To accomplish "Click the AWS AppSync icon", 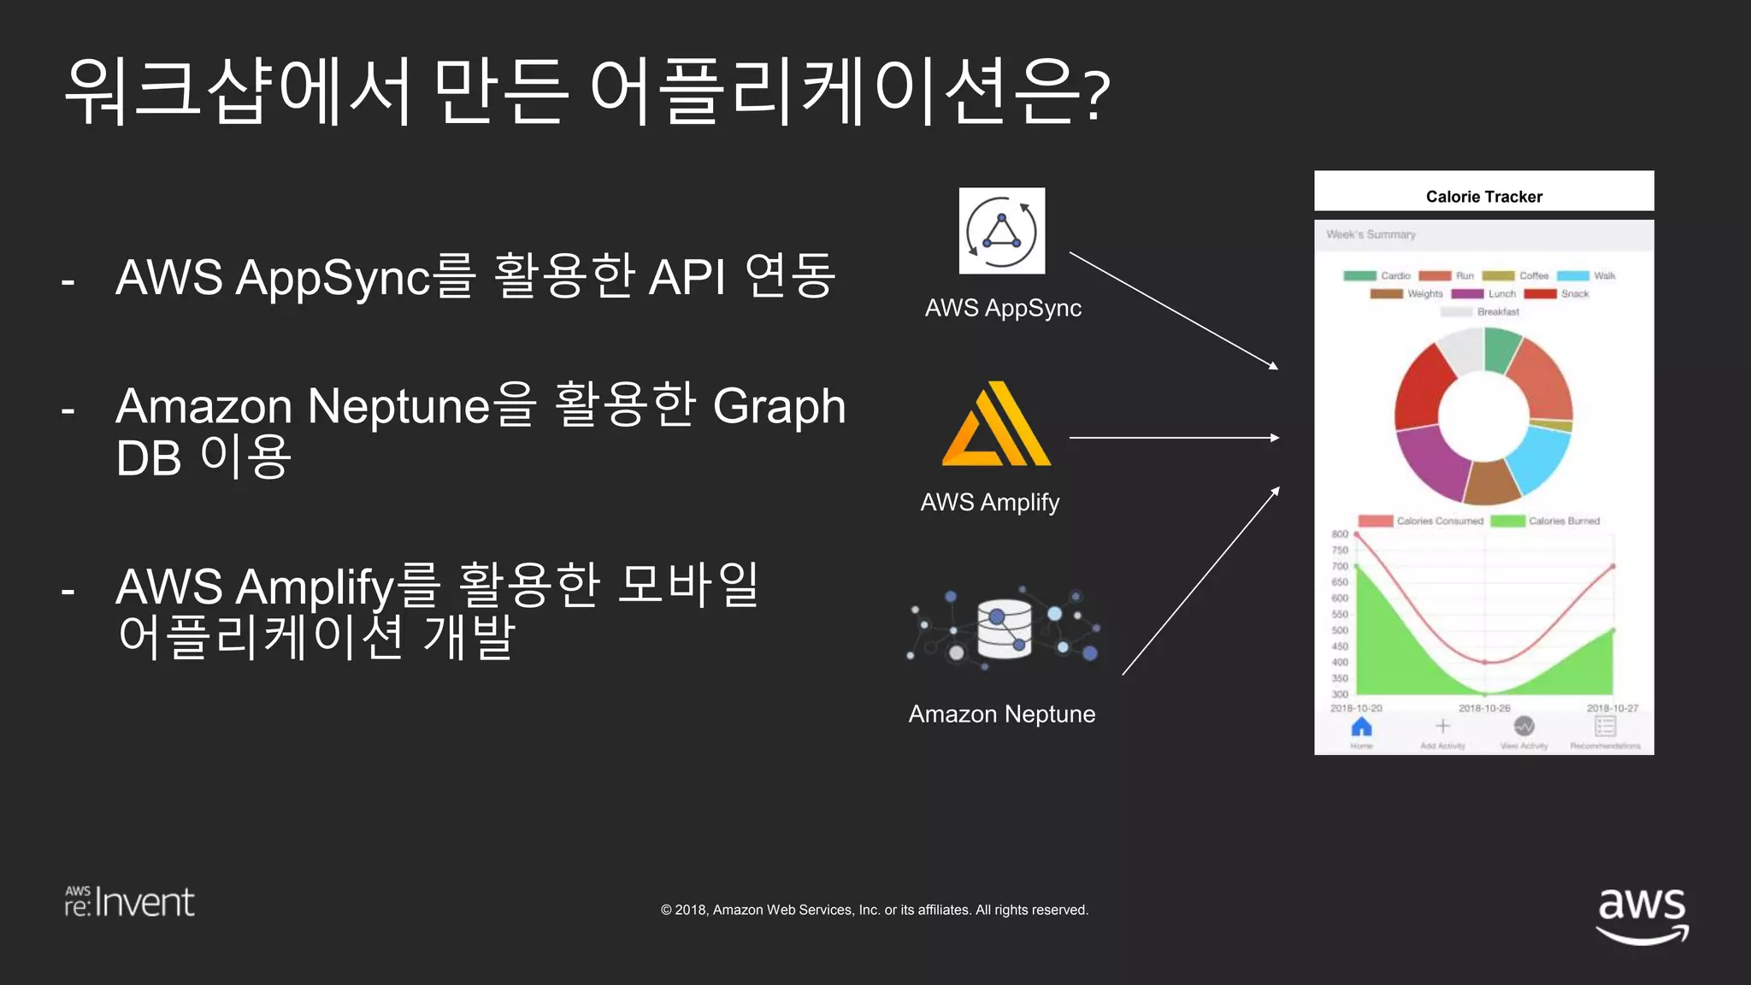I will click(x=1001, y=231).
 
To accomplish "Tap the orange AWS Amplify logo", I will click(x=997, y=425).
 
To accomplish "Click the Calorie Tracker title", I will click(x=1483, y=197).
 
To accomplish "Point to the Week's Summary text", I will click(x=1371, y=234).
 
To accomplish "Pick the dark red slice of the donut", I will click(x=1424, y=389).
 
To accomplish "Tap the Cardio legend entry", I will click(x=1377, y=276).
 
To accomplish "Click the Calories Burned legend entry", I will click(x=1546, y=521).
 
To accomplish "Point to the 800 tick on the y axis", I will click(x=1339, y=534).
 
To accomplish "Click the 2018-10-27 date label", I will click(x=1612, y=708).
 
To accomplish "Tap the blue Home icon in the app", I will click(x=1361, y=728).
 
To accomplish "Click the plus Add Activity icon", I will click(x=1442, y=727).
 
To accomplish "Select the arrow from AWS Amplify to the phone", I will click(x=1173, y=438).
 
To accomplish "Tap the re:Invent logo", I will click(x=130, y=902).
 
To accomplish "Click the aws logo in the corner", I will click(x=1642, y=913).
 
